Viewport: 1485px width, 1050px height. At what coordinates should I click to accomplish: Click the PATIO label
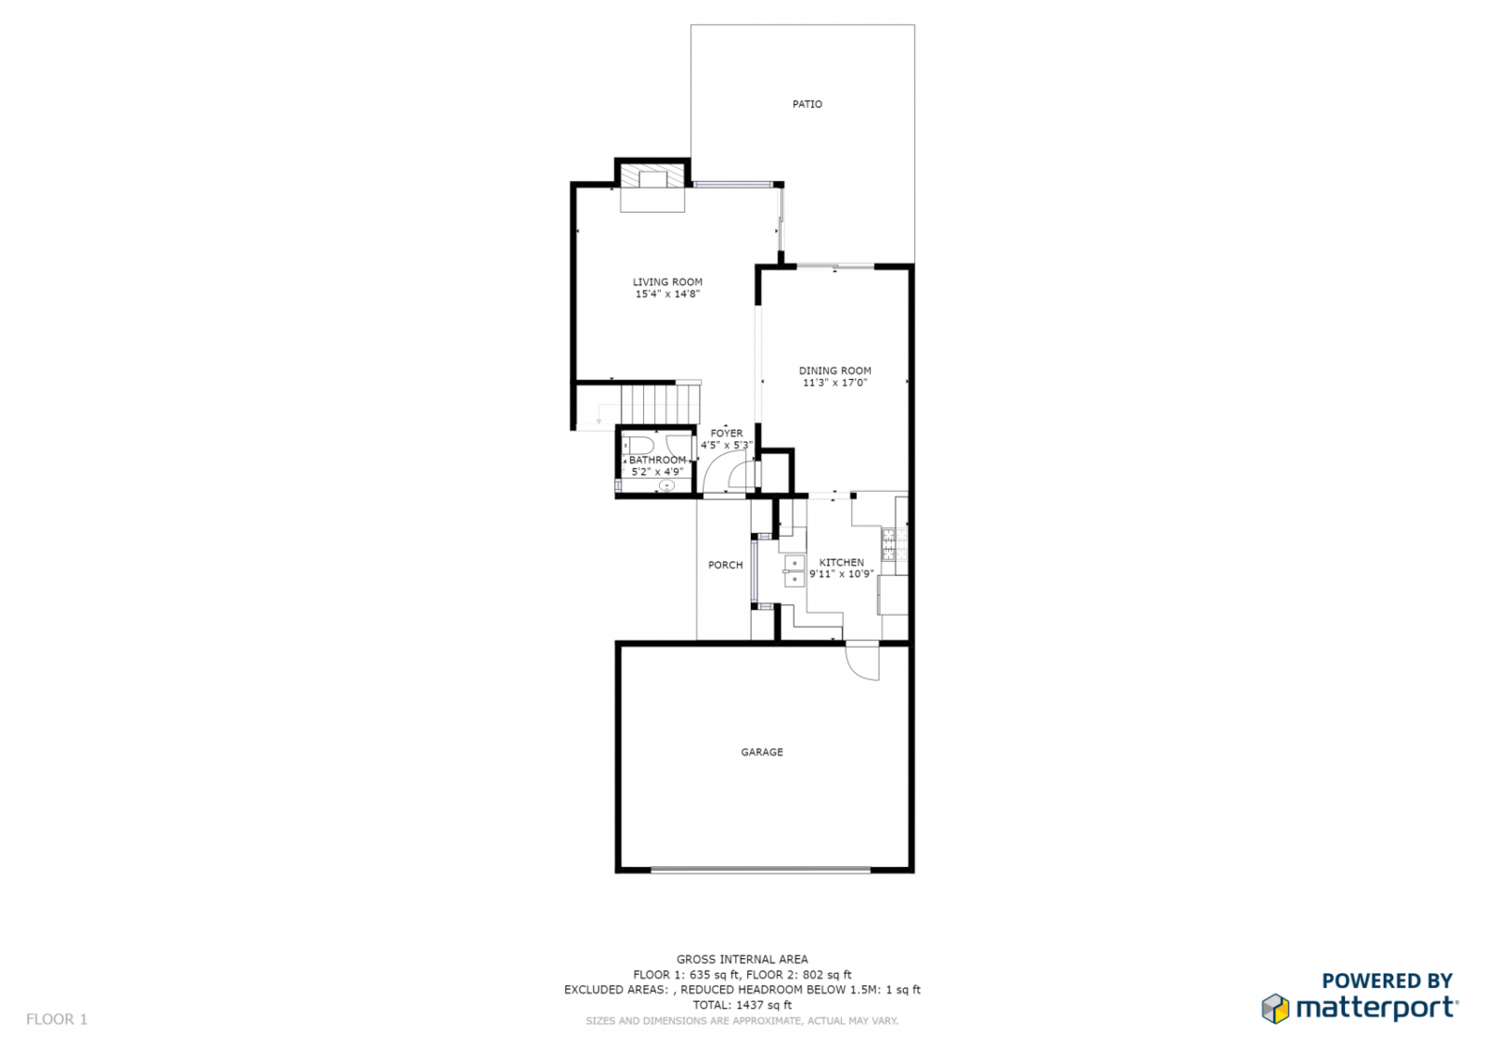[x=807, y=104]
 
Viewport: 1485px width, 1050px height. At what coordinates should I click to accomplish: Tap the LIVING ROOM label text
[x=667, y=282]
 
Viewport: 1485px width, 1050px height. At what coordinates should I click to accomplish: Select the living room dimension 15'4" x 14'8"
[x=667, y=294]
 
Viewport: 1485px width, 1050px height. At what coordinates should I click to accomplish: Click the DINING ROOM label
[x=834, y=370]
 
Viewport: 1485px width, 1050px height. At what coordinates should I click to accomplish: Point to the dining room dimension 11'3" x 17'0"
[x=834, y=382]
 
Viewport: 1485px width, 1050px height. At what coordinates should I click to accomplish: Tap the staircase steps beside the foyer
[x=660, y=404]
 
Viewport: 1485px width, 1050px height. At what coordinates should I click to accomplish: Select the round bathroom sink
[x=666, y=486]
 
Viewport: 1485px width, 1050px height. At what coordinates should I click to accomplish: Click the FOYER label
[x=727, y=434]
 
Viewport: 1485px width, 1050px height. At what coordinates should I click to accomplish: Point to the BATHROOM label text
[x=657, y=460]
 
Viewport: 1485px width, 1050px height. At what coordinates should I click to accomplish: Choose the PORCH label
[x=725, y=565]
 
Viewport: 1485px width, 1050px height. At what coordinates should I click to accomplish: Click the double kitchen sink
[x=794, y=571]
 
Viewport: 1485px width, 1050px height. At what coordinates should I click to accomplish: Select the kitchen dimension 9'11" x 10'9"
[x=841, y=575]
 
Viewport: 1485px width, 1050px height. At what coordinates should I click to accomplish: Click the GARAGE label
[x=762, y=752]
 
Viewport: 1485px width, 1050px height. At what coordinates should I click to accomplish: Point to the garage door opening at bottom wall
[x=760, y=870]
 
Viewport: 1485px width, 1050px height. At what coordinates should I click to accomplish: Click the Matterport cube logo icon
[x=1275, y=1008]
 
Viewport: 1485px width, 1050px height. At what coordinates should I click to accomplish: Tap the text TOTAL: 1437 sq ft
[x=742, y=1005]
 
